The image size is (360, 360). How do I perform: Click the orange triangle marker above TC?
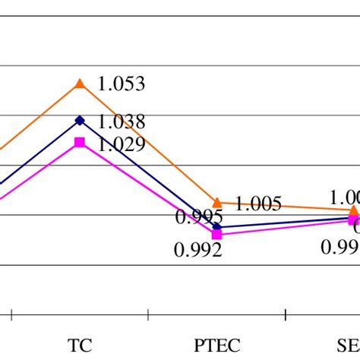pos(80,84)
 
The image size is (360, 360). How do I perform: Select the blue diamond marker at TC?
pos(80,120)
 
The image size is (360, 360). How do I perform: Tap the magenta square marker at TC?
pos(80,142)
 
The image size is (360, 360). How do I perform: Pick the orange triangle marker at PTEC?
pos(217,202)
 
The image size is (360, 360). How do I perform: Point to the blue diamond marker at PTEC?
pos(217,226)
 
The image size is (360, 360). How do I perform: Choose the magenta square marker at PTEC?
pos(217,235)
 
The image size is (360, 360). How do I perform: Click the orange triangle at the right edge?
pos(354,210)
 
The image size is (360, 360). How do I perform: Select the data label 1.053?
pos(121,84)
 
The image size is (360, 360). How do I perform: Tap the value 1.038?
pos(121,122)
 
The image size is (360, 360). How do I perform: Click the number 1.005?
pos(258,204)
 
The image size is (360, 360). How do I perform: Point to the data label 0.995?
pos(198,217)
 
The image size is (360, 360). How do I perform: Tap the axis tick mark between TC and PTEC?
pos(148,313)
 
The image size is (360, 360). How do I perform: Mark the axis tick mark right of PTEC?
pos(285,313)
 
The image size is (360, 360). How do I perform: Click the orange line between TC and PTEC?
pos(148,143)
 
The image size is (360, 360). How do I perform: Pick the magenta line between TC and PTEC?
pos(148,188)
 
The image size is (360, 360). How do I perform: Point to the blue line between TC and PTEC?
pos(148,173)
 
